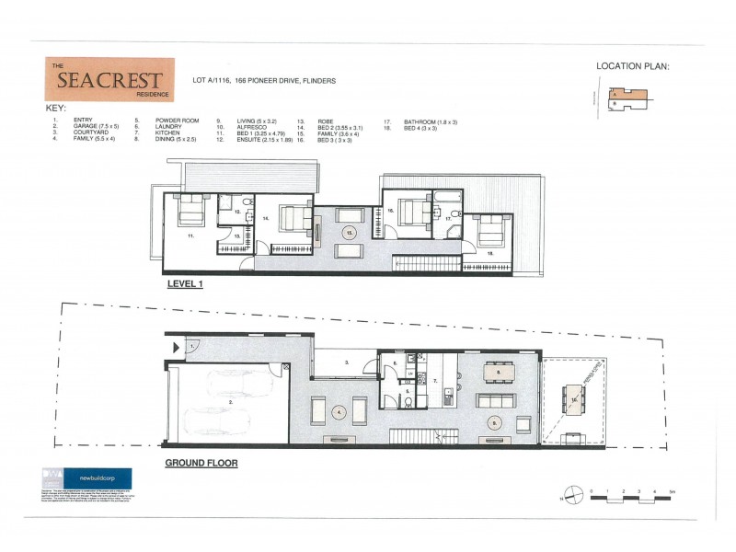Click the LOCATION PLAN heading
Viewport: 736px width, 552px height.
[x=634, y=66]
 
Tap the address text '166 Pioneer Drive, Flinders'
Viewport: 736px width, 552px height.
[x=285, y=81]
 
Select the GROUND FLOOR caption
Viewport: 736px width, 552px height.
[x=201, y=464]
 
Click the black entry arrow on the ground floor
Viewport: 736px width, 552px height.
[x=176, y=347]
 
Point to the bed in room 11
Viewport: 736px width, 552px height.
[x=191, y=212]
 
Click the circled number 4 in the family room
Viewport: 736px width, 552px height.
[x=339, y=411]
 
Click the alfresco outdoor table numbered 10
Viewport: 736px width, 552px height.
[x=573, y=404]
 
